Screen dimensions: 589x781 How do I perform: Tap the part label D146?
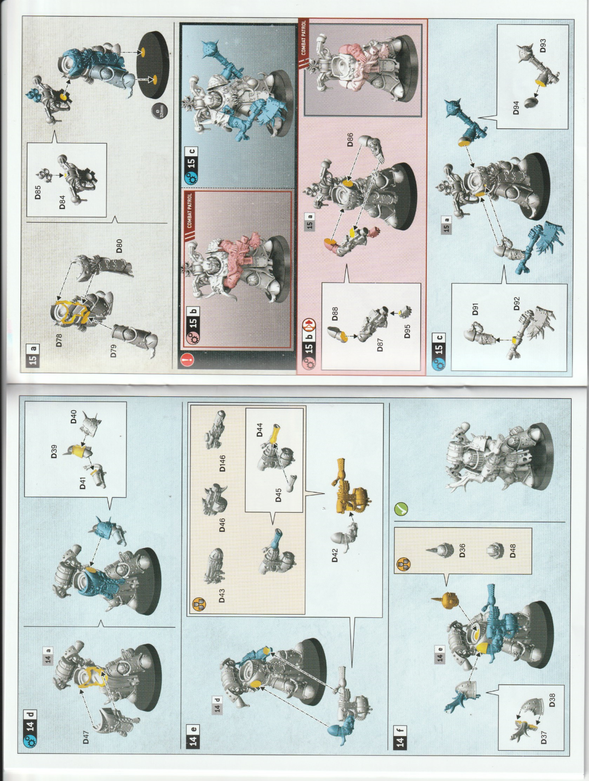(222, 463)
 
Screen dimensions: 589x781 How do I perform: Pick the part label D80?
(119, 246)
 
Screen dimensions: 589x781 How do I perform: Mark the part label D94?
(516, 107)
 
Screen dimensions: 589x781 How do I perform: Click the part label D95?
(407, 331)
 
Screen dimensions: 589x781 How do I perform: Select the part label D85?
(38, 192)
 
